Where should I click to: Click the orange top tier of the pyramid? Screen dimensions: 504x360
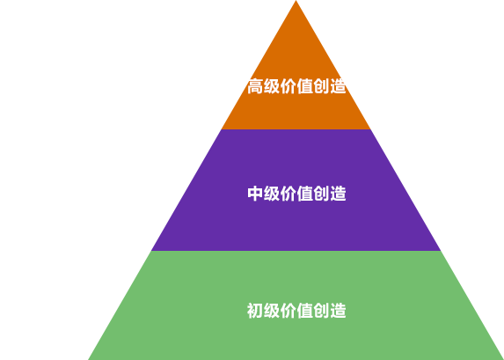pos(296,97)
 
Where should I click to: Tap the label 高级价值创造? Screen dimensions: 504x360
pos(296,86)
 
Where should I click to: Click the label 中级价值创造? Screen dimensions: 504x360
pos(296,194)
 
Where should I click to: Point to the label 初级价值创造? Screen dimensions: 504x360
pos(296,311)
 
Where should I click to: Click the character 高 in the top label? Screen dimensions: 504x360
pos(255,86)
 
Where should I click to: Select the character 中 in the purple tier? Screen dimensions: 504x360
pos(255,194)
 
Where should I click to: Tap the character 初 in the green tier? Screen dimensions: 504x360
pos(255,311)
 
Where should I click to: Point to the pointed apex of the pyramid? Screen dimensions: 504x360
pos(296,1)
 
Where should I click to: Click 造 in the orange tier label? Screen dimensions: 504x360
pos(338,86)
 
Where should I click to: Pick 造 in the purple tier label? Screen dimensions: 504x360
pos(338,194)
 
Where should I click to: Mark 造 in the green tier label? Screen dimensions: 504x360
pos(338,311)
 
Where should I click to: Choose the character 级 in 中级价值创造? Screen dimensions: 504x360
pos(272,194)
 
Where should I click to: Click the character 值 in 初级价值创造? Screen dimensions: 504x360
pos(304,311)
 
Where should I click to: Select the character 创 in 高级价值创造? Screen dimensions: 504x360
pos(321,86)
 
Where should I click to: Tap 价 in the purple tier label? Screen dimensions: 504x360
pos(289,194)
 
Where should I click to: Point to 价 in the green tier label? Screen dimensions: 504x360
pos(289,311)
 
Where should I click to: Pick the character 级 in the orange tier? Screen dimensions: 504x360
pos(272,86)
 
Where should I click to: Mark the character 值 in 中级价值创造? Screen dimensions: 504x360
pos(304,194)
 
